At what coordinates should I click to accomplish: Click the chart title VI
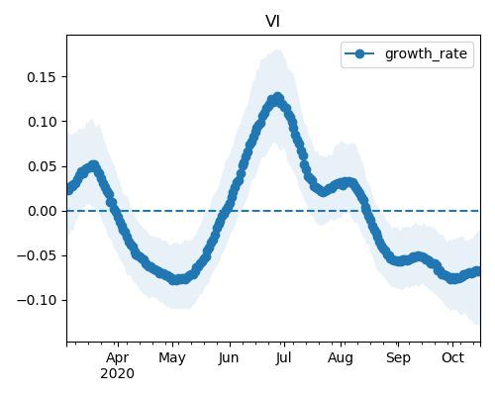click(273, 22)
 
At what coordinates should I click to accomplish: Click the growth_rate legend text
click(426, 53)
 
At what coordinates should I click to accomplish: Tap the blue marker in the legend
click(359, 53)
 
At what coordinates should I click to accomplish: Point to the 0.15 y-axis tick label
click(42, 77)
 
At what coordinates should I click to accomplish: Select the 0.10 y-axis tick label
click(42, 122)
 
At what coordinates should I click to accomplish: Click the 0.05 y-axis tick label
click(42, 166)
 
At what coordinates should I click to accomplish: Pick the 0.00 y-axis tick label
click(42, 211)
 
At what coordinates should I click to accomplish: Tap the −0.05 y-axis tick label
click(37, 255)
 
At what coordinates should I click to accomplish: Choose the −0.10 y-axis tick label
click(37, 300)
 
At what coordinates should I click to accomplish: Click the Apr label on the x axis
click(118, 358)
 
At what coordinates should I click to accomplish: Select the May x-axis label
click(172, 358)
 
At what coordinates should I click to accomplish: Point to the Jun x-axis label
click(229, 358)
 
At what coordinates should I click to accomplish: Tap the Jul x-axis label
click(283, 358)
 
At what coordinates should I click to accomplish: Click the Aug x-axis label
click(341, 358)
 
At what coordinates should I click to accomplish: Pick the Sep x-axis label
click(398, 358)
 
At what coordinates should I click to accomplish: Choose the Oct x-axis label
click(453, 357)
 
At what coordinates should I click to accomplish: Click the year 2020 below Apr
click(118, 374)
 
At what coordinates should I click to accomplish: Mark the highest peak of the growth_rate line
click(278, 98)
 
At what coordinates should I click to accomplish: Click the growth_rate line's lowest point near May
click(175, 280)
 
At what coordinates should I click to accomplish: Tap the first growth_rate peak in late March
click(94, 165)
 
